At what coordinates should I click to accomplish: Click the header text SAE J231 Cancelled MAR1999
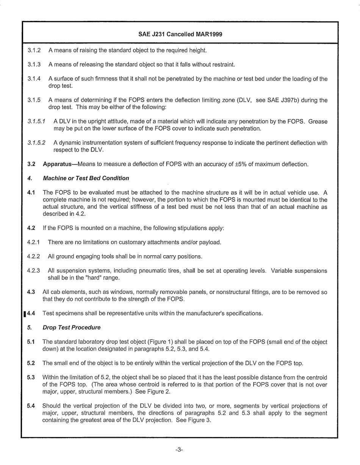[x=180, y=34]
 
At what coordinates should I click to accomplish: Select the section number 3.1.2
[x=34, y=50]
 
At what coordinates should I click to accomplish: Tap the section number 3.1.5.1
[x=36, y=122]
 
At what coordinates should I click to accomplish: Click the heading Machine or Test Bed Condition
[x=86, y=178]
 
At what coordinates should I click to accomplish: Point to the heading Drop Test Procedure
[x=72, y=327]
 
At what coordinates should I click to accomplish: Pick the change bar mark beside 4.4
[x=25, y=314]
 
